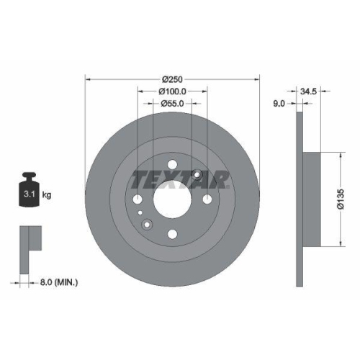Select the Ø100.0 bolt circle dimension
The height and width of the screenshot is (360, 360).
[x=172, y=91]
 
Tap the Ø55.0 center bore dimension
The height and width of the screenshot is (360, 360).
[x=172, y=104]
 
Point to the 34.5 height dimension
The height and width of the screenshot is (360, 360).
[x=310, y=92]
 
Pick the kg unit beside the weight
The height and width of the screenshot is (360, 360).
[x=46, y=195]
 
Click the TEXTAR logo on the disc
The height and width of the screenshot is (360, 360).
[x=179, y=179]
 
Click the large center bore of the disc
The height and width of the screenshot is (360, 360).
[x=172, y=199]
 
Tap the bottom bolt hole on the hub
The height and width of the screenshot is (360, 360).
[x=172, y=234]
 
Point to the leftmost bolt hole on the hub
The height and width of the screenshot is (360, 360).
[x=137, y=199]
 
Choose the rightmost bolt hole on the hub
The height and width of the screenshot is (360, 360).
[x=207, y=199]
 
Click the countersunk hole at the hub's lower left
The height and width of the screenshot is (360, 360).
[x=147, y=225]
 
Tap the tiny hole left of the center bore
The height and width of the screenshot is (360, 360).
[x=140, y=214]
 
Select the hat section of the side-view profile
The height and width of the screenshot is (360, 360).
[x=311, y=194]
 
